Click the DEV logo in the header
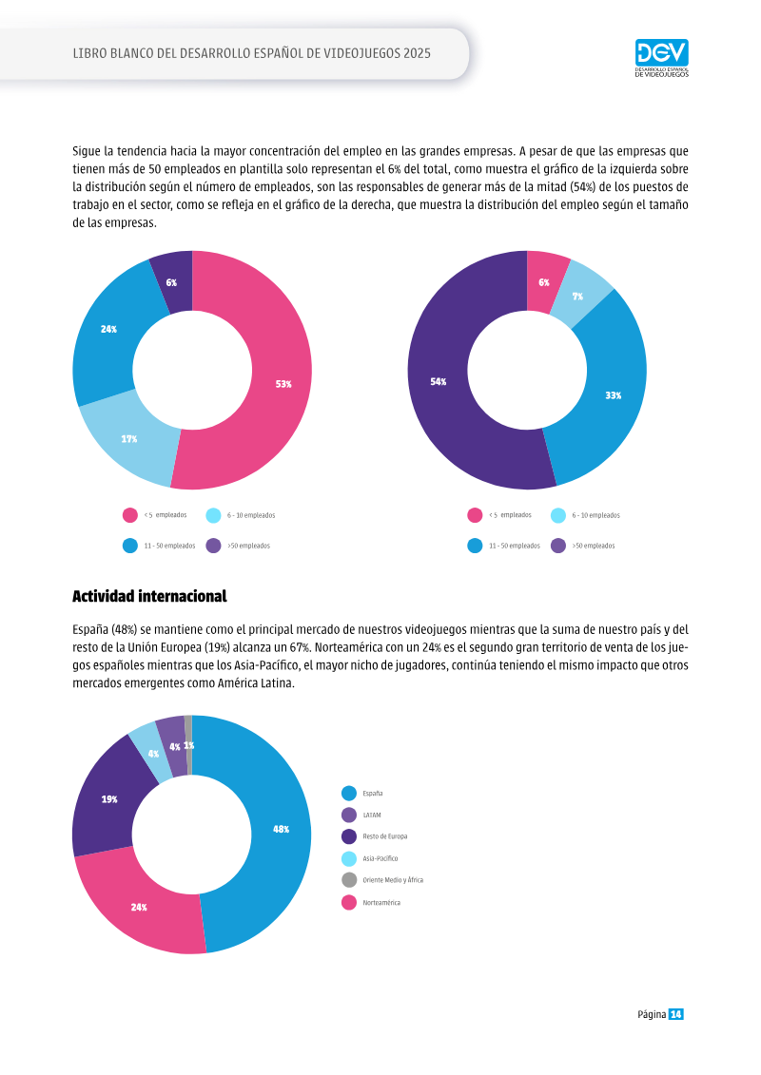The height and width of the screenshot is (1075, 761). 661,58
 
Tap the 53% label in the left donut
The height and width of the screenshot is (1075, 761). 283,384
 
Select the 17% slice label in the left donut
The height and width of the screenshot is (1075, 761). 129,439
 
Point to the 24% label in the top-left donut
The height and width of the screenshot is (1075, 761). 108,329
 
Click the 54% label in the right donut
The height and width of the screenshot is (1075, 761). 438,382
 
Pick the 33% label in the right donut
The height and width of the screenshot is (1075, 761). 613,395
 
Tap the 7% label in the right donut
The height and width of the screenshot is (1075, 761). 577,297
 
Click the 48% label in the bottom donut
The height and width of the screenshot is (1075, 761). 281,829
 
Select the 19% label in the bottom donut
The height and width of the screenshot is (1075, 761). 109,799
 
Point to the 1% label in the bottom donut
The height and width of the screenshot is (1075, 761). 188,745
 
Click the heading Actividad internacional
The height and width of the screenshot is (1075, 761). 149,597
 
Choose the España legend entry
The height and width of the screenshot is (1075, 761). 362,794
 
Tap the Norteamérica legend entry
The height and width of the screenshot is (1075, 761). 371,902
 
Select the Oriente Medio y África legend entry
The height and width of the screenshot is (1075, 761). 382,879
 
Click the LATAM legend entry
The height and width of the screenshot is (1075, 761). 361,816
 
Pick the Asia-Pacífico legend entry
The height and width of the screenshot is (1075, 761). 369,858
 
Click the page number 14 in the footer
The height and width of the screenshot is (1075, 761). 676,1014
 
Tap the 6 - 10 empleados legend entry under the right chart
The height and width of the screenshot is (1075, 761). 585,515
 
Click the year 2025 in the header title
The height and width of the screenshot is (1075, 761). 418,53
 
